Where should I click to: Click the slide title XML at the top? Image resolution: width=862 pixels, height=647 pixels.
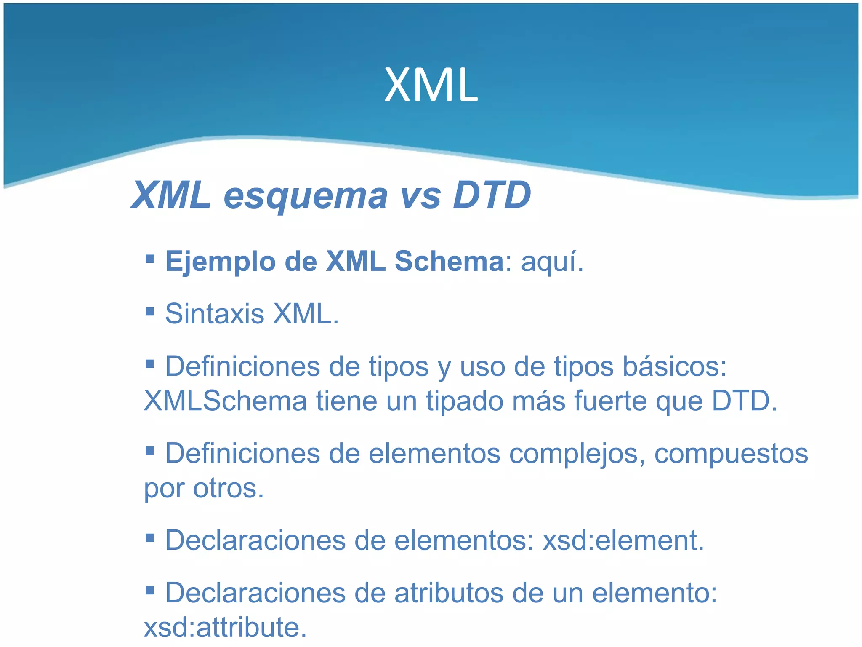click(431, 86)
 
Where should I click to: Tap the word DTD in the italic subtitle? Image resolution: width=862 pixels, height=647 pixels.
click(492, 195)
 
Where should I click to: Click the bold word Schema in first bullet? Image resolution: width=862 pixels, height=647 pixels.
click(449, 261)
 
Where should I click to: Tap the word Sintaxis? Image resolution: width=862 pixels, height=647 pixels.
click(214, 314)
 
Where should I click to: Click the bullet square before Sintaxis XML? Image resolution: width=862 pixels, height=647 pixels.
click(150, 312)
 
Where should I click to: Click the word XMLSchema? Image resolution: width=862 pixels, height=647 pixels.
click(225, 401)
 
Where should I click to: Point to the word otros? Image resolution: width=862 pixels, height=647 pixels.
click(228, 489)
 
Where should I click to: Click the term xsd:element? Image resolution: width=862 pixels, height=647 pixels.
click(623, 540)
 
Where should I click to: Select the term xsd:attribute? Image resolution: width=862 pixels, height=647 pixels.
click(225, 628)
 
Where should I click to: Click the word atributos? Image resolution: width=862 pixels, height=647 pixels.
click(449, 593)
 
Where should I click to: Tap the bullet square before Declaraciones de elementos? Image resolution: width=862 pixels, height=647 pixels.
click(150, 537)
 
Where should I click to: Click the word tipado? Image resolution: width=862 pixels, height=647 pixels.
click(464, 401)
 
